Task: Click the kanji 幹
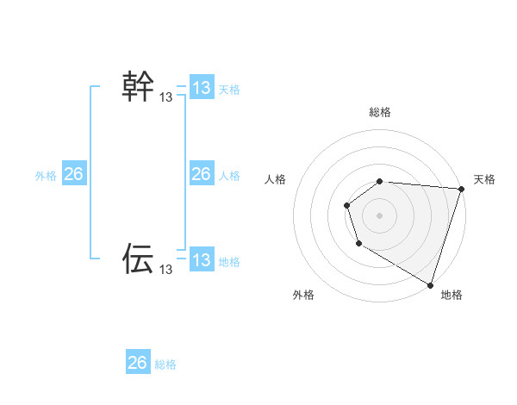point(139,87)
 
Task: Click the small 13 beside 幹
point(166,98)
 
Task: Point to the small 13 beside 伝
point(166,270)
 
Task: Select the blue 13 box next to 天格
point(202,88)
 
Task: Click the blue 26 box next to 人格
point(202,174)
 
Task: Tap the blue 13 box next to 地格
point(202,260)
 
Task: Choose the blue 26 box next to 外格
point(73,174)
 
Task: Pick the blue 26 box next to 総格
point(138,363)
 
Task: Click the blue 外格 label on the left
point(46,176)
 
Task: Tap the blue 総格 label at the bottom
point(165,364)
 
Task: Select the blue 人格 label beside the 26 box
point(229,176)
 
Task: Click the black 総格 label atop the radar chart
point(380,112)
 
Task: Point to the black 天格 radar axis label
point(484,179)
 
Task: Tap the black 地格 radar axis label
point(452,296)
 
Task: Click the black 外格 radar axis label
point(303,296)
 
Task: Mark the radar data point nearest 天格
point(461,189)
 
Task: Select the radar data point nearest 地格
point(430,283)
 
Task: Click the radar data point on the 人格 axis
point(346,205)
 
